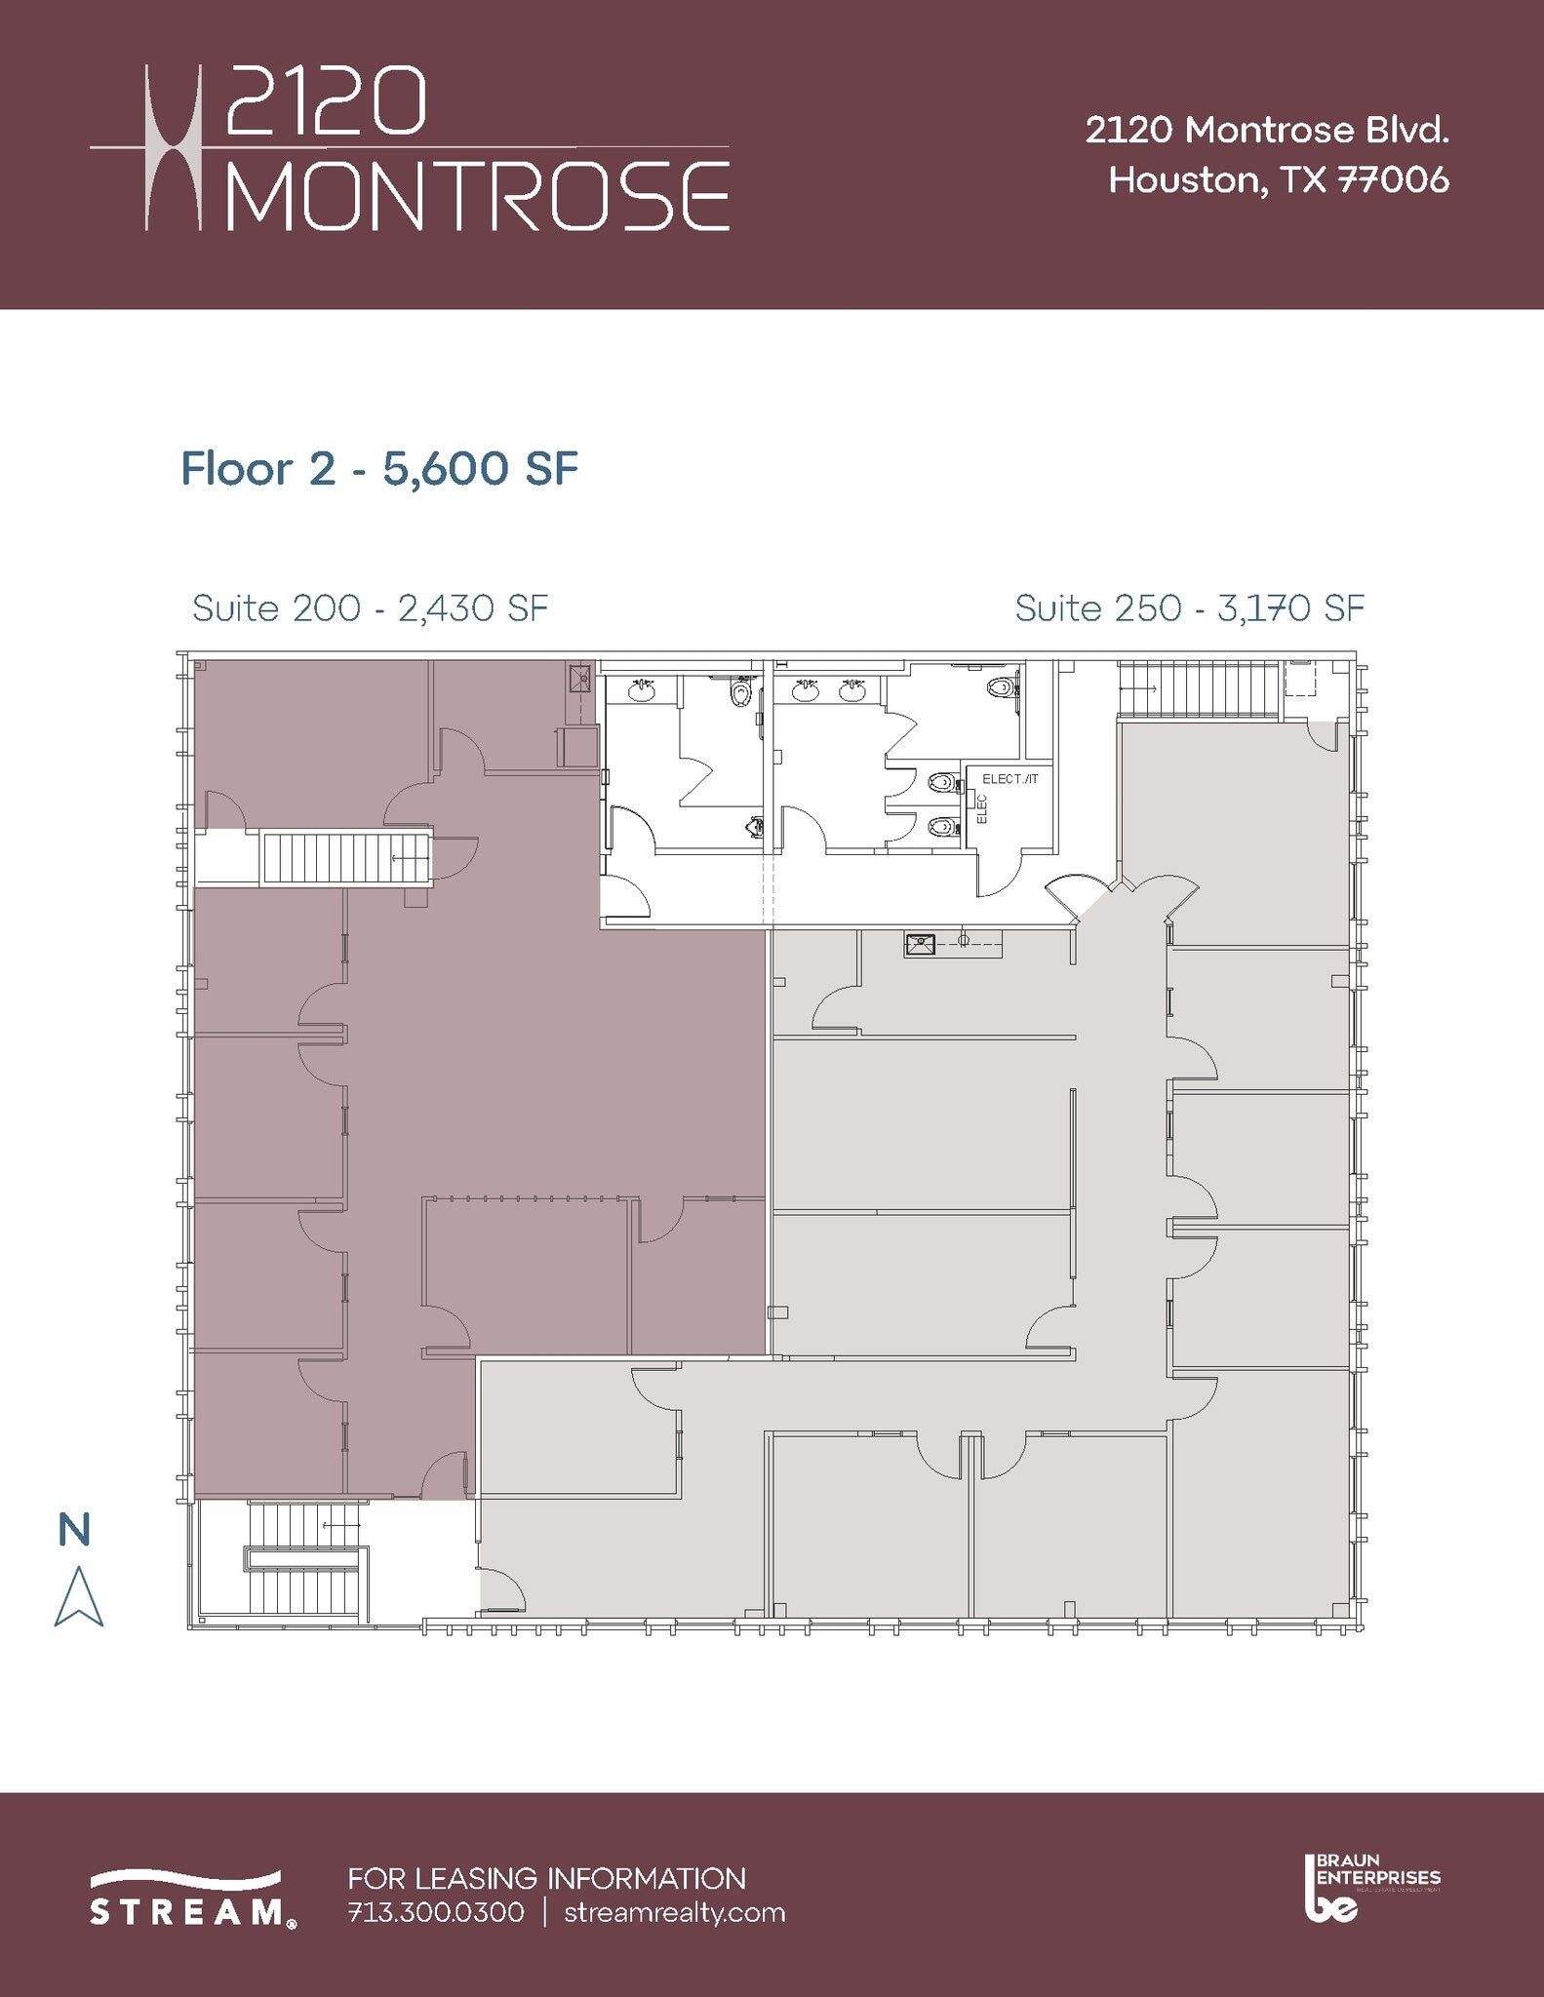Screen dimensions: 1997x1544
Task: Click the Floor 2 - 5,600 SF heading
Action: (x=379, y=469)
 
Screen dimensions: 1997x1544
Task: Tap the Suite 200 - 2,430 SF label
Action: (x=370, y=608)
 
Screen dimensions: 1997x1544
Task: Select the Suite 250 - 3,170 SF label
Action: (x=1189, y=608)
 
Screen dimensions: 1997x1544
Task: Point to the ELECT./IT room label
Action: (x=1010, y=779)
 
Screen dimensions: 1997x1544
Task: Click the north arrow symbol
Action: (x=78, y=1597)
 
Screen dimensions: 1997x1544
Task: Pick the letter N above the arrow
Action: (x=74, y=1530)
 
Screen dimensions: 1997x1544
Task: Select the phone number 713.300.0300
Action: (x=435, y=1912)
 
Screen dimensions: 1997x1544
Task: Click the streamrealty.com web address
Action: (x=675, y=1912)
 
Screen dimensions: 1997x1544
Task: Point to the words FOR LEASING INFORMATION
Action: (x=546, y=1878)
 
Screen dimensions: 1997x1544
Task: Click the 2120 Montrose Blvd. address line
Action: (x=1267, y=131)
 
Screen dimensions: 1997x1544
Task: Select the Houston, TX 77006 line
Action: (x=1279, y=180)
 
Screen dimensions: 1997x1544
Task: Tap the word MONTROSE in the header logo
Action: (x=478, y=196)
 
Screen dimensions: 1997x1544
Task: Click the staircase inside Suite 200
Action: (x=346, y=858)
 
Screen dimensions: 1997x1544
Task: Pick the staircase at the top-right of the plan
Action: (x=1198, y=688)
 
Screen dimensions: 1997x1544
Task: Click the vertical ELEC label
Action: (x=982, y=809)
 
